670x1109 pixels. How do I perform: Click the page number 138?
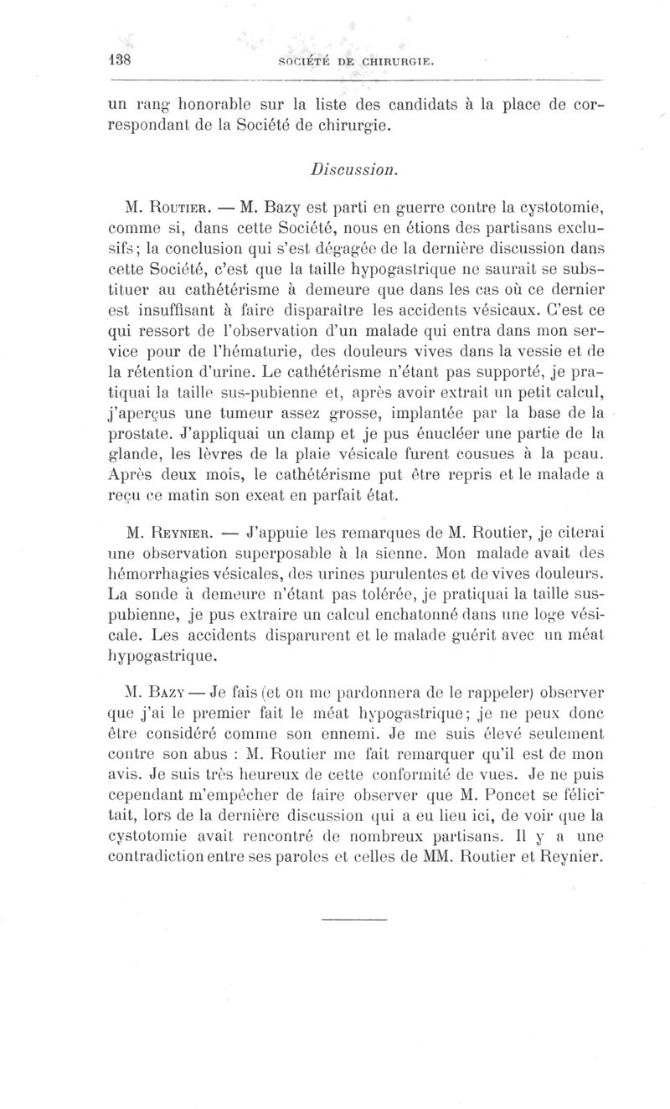123,60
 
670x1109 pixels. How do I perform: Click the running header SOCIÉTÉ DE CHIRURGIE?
356,62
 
